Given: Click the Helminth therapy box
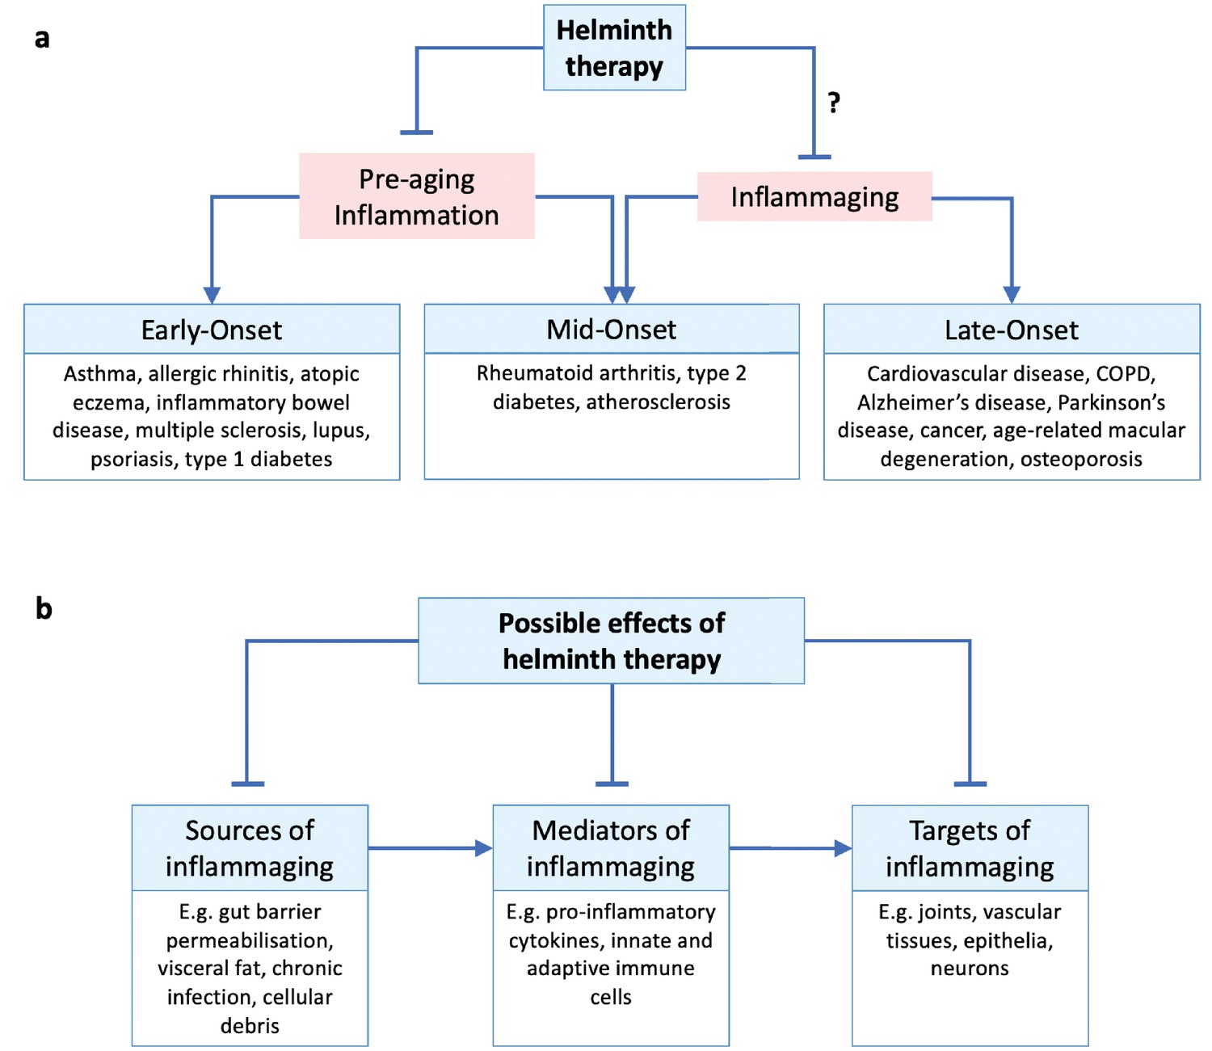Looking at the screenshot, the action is point(614,48).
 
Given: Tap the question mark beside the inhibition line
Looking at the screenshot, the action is point(834,103).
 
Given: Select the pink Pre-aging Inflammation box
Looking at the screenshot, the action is point(416,196).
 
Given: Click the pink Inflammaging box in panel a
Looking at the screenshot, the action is point(814,196).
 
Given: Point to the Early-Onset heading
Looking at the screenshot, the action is point(212,330).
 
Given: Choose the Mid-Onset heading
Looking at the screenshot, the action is point(612,330).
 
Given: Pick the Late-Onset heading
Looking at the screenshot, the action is point(1012,330).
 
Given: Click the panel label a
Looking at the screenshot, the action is point(42,39).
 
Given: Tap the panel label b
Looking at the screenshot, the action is point(44,608).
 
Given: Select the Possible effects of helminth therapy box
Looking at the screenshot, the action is point(612,641).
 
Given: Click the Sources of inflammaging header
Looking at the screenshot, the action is point(250,848).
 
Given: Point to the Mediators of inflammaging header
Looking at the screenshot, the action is point(611,848).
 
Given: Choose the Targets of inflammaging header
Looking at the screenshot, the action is point(970,848).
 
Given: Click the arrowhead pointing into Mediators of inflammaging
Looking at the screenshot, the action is point(484,848).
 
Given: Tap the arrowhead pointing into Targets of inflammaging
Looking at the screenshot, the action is point(843,848).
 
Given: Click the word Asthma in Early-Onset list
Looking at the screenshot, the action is point(100,373).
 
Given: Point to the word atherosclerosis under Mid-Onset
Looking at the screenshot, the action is point(659,402).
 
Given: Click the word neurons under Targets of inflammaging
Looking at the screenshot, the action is point(970,968).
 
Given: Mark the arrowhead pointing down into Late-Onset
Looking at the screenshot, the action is point(1012,295).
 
